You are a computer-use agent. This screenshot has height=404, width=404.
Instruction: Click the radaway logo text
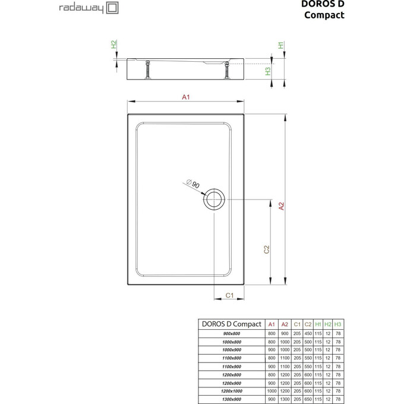[81, 8]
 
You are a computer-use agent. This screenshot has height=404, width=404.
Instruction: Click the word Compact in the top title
[324, 15]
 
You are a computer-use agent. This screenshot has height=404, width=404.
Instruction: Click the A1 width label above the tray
[185, 97]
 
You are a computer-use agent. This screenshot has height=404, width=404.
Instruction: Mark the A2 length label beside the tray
[282, 206]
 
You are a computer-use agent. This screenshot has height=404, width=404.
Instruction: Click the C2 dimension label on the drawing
[267, 250]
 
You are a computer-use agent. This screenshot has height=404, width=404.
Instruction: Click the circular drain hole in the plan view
[214, 199]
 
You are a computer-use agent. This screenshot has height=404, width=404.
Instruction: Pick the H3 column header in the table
[337, 324]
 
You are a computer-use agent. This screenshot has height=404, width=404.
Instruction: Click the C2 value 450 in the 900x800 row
[308, 334]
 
